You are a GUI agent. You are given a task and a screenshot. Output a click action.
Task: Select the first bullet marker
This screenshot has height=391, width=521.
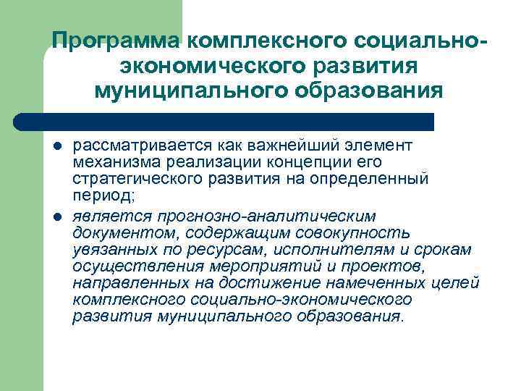click(x=57, y=146)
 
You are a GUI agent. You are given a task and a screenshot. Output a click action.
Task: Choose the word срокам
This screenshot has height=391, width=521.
click(x=446, y=250)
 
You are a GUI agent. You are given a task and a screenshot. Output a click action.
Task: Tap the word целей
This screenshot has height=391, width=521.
click(x=457, y=283)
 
